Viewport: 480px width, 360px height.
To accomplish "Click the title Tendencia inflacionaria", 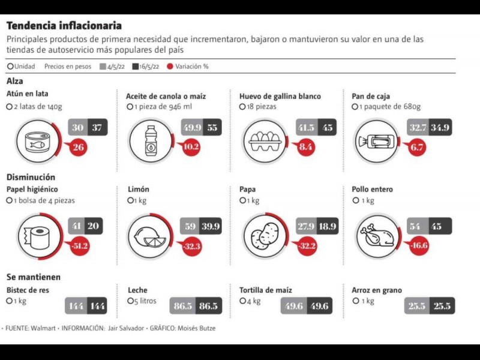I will (64, 26).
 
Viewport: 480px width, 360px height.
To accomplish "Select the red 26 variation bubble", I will (77, 148).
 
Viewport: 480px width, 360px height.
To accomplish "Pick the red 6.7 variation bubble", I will (416, 147).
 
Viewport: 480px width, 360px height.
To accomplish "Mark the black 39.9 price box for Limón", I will (210, 226).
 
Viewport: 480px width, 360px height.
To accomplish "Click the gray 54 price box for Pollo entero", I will (415, 226).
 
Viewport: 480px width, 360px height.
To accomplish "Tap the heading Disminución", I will (31, 177).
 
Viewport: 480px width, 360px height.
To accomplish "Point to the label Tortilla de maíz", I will (266, 290).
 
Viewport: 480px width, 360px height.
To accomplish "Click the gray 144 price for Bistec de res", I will (76, 306).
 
